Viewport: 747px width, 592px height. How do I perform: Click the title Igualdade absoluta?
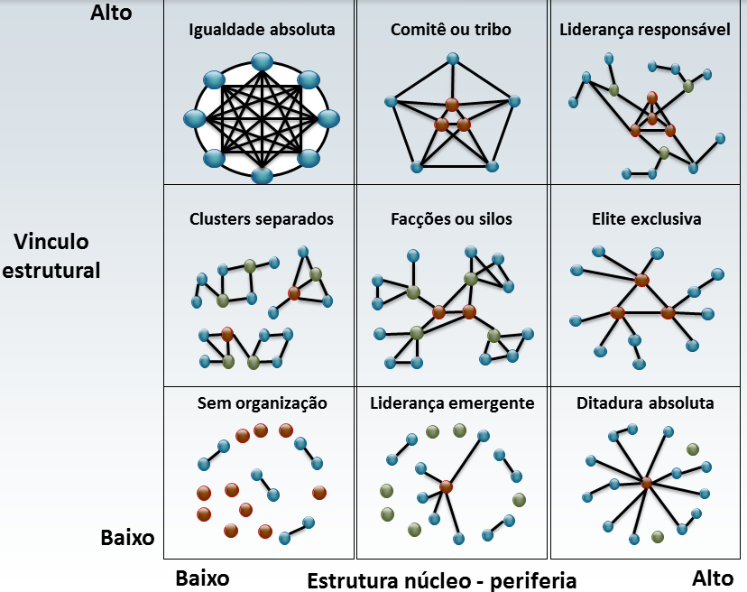click(x=262, y=30)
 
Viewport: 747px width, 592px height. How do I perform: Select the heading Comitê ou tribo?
click(x=451, y=30)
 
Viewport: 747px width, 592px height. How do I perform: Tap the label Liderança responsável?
click(x=645, y=30)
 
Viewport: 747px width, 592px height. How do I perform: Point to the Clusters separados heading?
click(x=262, y=219)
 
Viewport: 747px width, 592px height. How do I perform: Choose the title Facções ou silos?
click(x=451, y=219)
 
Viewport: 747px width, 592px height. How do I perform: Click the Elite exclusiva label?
click(x=646, y=219)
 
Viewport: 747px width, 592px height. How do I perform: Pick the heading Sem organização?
click(x=262, y=403)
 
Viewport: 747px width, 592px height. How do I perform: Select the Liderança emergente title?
click(x=452, y=403)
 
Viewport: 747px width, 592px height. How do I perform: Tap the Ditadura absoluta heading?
click(x=645, y=403)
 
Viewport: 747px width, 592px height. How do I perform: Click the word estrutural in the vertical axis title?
click(x=51, y=270)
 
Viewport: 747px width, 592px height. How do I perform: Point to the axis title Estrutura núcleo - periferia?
click(x=441, y=579)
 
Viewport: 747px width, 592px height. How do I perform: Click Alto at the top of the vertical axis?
click(x=111, y=13)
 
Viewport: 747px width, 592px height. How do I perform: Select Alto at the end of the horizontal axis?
click(x=714, y=578)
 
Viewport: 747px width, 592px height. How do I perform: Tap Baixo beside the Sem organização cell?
click(x=127, y=539)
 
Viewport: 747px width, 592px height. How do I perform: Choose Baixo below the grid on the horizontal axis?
click(x=202, y=578)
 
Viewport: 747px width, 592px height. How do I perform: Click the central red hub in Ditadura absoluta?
click(x=646, y=484)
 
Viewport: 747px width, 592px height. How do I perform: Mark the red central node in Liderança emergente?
click(x=446, y=486)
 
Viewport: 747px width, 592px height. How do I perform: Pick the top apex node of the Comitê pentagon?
click(x=452, y=60)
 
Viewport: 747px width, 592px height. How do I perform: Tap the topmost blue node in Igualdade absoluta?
click(x=262, y=61)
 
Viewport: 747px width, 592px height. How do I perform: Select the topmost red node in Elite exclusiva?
click(x=641, y=280)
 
